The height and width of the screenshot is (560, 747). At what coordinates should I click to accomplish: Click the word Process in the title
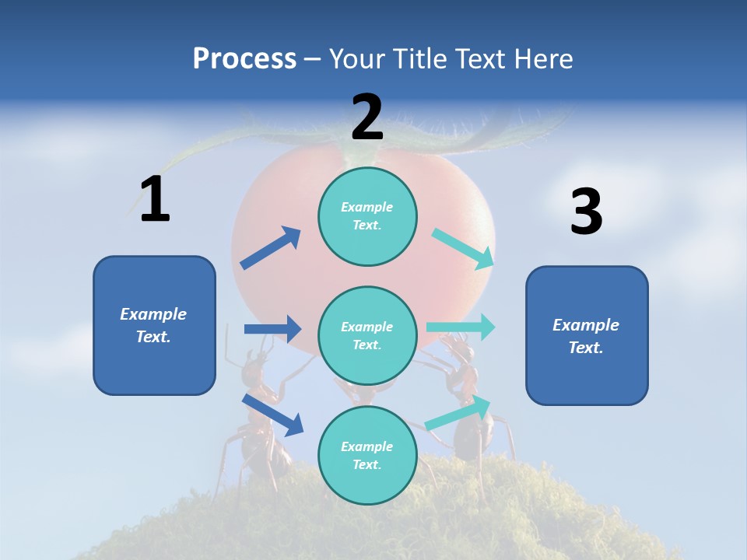pyautogui.click(x=244, y=58)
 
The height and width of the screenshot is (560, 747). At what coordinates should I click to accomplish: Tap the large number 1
pyautogui.click(x=155, y=200)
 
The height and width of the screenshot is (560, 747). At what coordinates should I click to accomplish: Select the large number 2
pyautogui.click(x=367, y=117)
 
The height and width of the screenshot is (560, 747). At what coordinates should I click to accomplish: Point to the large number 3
pyautogui.click(x=586, y=212)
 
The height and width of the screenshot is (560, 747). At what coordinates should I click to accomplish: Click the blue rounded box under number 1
pyautogui.click(x=154, y=325)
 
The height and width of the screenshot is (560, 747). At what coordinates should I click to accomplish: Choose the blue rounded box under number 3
pyautogui.click(x=587, y=335)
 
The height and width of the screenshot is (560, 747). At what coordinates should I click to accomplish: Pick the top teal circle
pyautogui.click(x=367, y=216)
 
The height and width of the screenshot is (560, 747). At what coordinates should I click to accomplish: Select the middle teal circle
pyautogui.click(x=367, y=335)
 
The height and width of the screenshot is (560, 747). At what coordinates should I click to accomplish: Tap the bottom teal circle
pyautogui.click(x=367, y=455)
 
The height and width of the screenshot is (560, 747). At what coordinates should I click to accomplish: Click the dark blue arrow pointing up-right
pyautogui.click(x=271, y=248)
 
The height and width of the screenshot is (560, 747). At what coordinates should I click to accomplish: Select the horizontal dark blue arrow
pyautogui.click(x=272, y=329)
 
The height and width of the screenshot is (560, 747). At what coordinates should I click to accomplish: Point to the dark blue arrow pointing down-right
pyautogui.click(x=273, y=415)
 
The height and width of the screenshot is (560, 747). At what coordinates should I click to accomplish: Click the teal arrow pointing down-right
pyautogui.click(x=464, y=248)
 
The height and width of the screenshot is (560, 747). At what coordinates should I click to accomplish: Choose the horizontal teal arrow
pyautogui.click(x=461, y=327)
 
